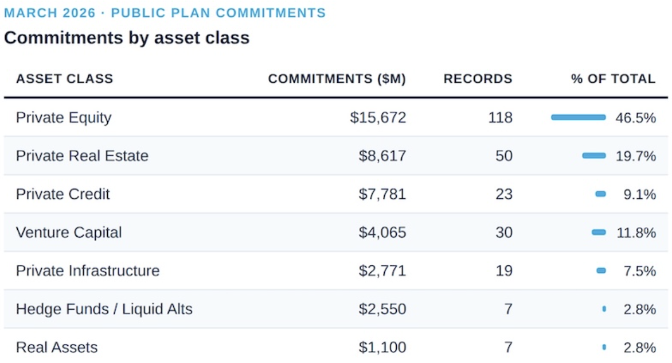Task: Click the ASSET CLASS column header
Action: click(64, 79)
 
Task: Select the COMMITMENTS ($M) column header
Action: click(337, 79)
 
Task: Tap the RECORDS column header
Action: click(478, 79)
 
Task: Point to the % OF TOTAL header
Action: click(613, 79)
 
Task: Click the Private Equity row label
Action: click(64, 117)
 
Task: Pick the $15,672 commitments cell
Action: click(378, 117)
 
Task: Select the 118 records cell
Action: click(501, 117)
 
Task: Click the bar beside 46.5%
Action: click(578, 117)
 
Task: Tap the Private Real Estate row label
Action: click(82, 156)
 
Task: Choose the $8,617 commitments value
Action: click(382, 156)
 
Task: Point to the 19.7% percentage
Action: click(635, 156)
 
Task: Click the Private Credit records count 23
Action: click(503, 194)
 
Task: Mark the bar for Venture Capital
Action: click(599, 232)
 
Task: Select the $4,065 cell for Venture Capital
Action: click(382, 232)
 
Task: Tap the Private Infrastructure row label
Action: click(88, 271)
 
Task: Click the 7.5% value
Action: click(639, 271)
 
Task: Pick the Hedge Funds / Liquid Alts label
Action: click(104, 309)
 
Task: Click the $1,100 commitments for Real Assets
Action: click(382, 347)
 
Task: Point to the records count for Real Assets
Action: click(508, 347)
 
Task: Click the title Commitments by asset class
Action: click(127, 38)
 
